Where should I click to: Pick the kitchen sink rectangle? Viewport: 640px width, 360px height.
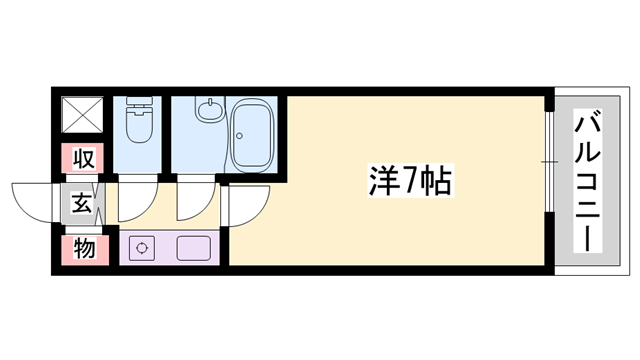click(196, 248)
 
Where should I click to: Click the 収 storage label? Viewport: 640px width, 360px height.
click(83, 158)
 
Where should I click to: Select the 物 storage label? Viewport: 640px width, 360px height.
click(83, 248)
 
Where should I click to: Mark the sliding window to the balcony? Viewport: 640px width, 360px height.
click(549, 160)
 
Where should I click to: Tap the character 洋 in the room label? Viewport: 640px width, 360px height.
click(380, 182)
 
